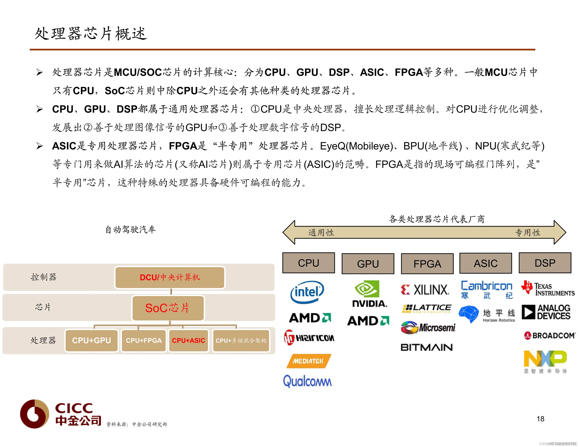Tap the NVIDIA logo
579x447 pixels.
pyautogui.click(x=368, y=294)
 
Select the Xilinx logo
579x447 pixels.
pyautogui.click(x=425, y=290)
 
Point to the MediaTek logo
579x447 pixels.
pyautogui.click(x=308, y=361)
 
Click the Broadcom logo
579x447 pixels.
pyautogui.click(x=550, y=335)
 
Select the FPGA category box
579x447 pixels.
pyautogui.click(x=427, y=264)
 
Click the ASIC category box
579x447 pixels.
pyautogui.click(x=485, y=263)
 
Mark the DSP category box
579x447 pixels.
pyautogui.click(x=545, y=263)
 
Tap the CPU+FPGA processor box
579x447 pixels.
pyautogui.click(x=144, y=340)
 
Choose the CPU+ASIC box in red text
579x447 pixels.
pyautogui.click(x=188, y=340)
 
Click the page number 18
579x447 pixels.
pyautogui.click(x=540, y=419)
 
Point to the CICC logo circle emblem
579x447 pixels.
pyautogui.click(x=34, y=414)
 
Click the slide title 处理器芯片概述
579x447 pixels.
pyautogui.click(x=91, y=34)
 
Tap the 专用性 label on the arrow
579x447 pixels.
pyautogui.click(x=527, y=233)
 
